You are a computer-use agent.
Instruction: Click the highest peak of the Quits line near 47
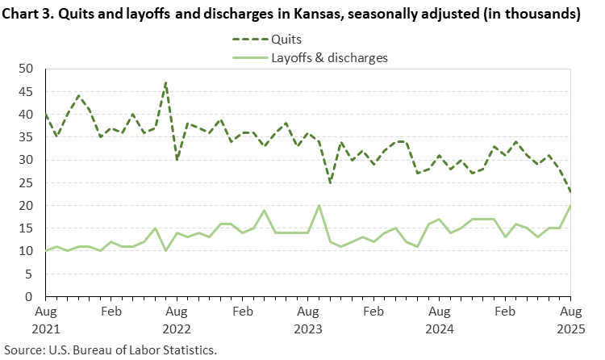tap(165, 82)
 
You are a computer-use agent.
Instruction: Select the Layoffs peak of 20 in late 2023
tap(319, 206)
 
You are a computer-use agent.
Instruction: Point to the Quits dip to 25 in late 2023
tap(330, 182)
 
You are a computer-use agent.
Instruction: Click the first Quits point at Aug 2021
tap(46, 115)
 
